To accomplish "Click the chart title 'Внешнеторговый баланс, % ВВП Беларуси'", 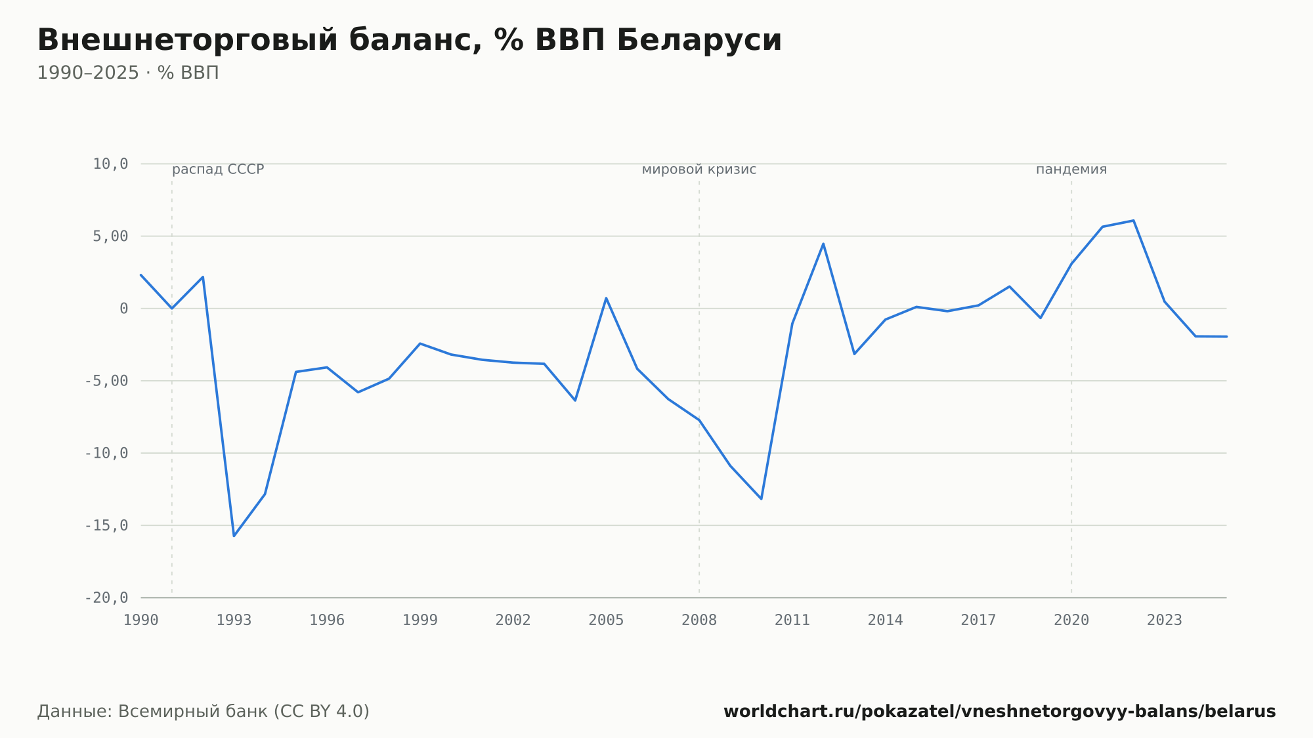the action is [x=410, y=40].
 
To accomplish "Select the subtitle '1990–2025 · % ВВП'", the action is [x=128, y=73].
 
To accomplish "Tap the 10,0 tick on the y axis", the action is [x=110, y=164].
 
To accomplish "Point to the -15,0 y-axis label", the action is [x=106, y=525].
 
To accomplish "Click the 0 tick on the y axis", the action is [x=124, y=309].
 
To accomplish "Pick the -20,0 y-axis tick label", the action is [x=106, y=597].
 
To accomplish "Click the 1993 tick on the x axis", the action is [x=234, y=620].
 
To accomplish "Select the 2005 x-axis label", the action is [x=606, y=620].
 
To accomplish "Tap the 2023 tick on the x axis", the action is [x=1165, y=620].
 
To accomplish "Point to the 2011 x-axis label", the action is [x=792, y=620].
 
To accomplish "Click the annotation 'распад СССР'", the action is [x=218, y=169].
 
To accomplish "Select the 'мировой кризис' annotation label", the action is [x=699, y=169].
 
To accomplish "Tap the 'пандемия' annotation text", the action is [x=1071, y=169].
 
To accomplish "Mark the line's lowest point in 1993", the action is [x=234, y=536].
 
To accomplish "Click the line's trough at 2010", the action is [x=761, y=499].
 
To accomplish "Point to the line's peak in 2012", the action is [x=823, y=244].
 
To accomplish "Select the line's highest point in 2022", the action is [x=1134, y=221].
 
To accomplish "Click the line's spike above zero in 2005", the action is [x=606, y=298].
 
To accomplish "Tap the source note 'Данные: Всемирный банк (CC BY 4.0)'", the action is [x=204, y=712].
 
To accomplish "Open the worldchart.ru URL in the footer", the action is [x=1000, y=712].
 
